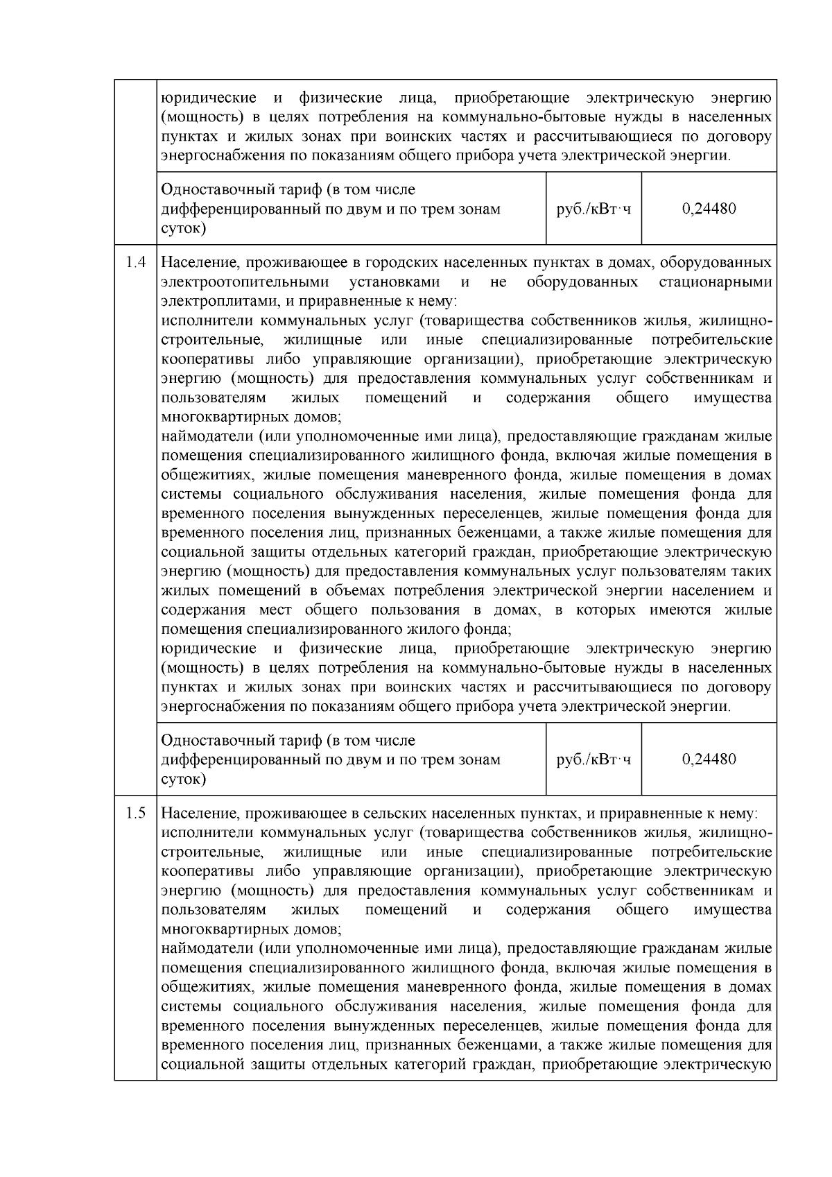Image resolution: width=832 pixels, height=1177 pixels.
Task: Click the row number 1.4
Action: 135,263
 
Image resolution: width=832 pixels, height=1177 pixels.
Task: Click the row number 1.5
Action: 135,813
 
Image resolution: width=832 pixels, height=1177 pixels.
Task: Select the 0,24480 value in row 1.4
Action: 709,759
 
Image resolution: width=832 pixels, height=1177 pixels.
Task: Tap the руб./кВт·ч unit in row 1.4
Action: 593,759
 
